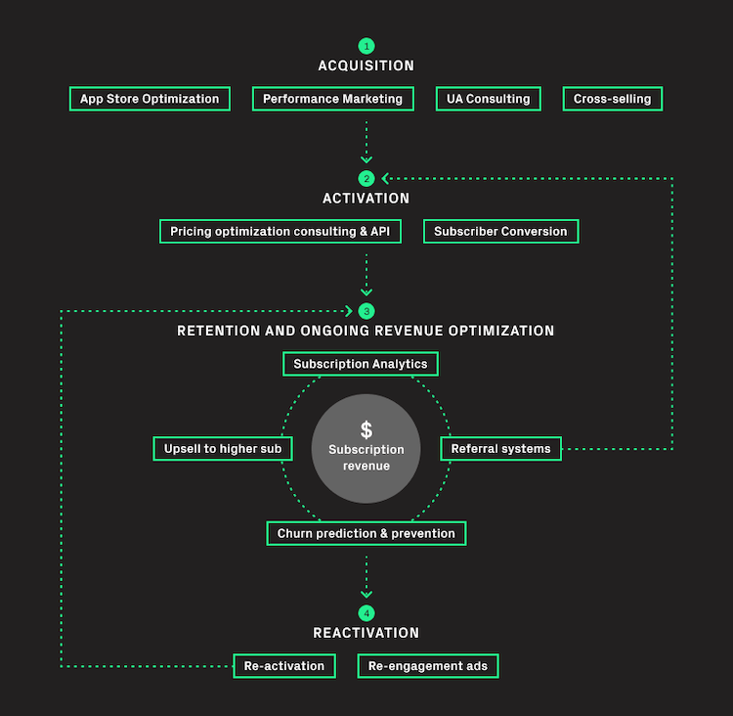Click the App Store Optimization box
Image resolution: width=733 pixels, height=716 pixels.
click(150, 99)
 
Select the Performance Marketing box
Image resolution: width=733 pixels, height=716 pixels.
click(333, 99)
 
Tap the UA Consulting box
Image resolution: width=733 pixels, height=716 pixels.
click(489, 99)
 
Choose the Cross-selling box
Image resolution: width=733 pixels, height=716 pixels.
click(613, 99)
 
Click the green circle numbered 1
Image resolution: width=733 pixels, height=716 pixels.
click(366, 46)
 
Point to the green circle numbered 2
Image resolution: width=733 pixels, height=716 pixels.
click(366, 178)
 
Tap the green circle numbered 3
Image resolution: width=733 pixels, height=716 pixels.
click(366, 311)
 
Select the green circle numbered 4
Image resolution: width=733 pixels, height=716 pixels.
click(366, 613)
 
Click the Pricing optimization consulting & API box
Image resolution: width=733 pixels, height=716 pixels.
click(280, 231)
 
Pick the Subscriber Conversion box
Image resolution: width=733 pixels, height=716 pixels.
click(501, 231)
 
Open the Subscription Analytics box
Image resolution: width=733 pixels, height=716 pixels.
click(361, 364)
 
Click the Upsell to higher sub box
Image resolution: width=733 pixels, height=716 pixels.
click(223, 449)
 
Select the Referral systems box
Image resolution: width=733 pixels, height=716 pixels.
click(500, 449)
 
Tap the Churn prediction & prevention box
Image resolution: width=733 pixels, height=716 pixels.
click(366, 533)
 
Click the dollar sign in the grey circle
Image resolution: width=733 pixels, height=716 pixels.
click(366, 429)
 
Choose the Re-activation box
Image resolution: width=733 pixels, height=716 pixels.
click(284, 666)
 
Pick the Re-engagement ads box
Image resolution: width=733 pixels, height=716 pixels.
click(428, 666)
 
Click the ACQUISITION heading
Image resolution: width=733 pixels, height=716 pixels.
click(366, 66)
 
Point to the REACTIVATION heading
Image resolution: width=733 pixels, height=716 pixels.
click(366, 633)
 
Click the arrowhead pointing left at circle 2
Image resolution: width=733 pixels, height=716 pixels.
click(385, 178)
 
